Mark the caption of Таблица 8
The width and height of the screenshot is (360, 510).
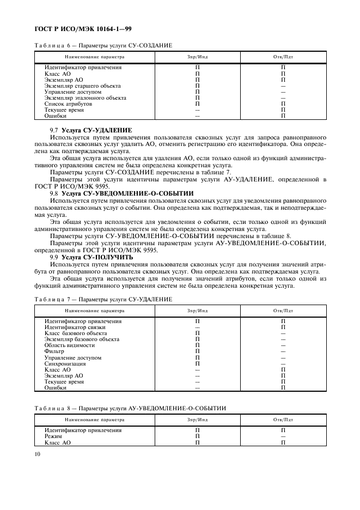[130, 408]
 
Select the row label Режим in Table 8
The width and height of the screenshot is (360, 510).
[53, 436]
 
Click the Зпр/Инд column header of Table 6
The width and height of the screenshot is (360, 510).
[197, 57]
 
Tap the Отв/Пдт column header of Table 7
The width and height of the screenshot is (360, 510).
[283, 311]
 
